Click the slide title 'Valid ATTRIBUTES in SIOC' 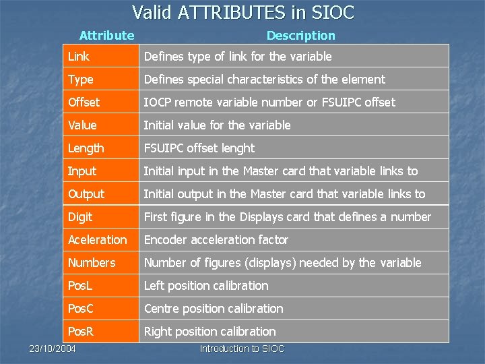[243, 13]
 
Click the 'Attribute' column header [106, 36]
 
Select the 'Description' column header [300, 36]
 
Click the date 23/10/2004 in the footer [53, 348]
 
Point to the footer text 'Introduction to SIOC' [243, 348]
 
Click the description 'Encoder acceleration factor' [216, 240]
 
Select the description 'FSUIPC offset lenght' [199, 148]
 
